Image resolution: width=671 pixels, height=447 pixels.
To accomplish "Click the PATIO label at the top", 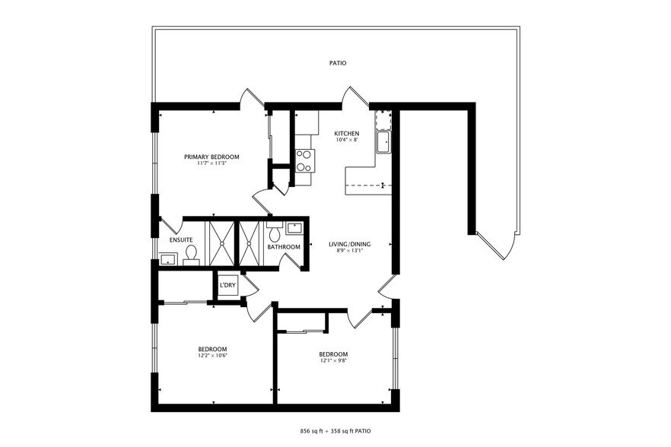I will coord(338,63).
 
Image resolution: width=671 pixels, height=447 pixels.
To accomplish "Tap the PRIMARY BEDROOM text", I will coord(211,157).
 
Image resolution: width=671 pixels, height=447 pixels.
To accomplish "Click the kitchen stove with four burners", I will coord(305,160).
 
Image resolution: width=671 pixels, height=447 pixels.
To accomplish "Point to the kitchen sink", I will coord(383,141).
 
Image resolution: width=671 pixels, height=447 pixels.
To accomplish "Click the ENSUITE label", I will coord(181,240).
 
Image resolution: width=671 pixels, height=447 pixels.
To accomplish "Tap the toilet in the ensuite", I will coord(191,254).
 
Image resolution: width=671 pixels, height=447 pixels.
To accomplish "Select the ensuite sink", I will coord(167,258).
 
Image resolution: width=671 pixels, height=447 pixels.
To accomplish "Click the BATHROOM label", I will coord(284,247).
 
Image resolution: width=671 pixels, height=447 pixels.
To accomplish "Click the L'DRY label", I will coord(227,286).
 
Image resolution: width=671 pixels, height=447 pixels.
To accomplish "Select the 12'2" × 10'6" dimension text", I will coord(212,355).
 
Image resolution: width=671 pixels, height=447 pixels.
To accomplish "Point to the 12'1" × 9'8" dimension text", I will coord(333,360).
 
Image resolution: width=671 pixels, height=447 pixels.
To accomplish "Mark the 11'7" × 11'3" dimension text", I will coord(211,163).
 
